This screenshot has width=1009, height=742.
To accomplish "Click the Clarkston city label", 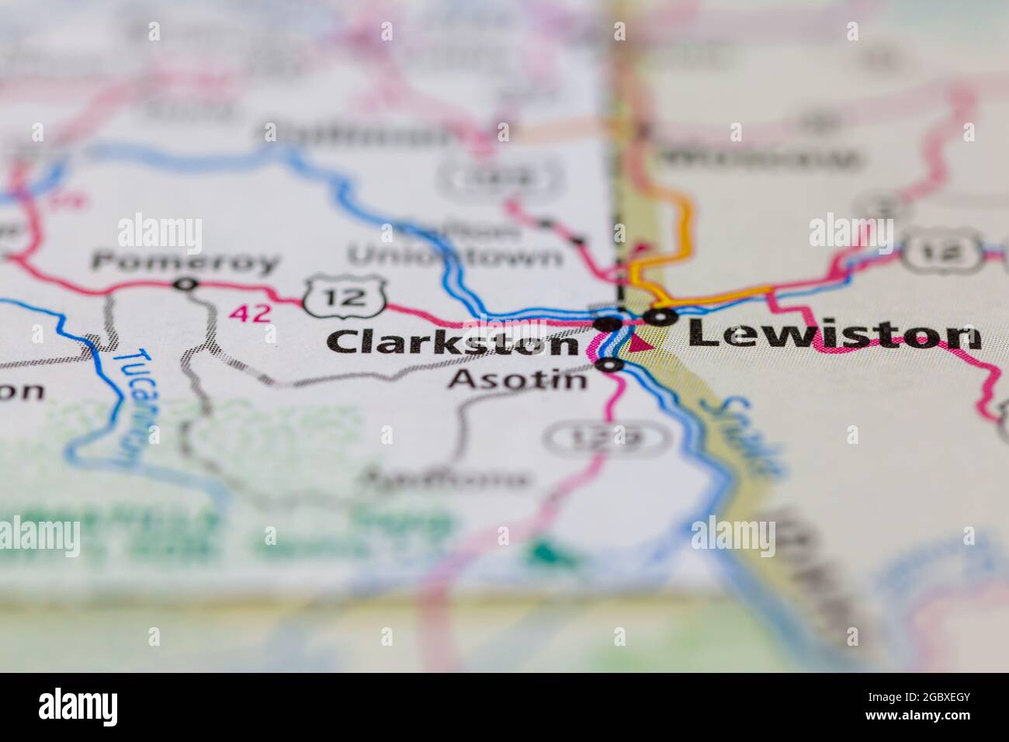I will pyautogui.click(x=452, y=342).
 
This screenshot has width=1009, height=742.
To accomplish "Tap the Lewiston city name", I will pyautogui.click(x=834, y=335).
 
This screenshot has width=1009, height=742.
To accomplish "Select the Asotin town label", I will pyautogui.click(x=518, y=380).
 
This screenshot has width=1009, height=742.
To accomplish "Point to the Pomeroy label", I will pyautogui.click(x=184, y=262).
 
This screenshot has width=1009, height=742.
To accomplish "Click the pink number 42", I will pyautogui.click(x=251, y=313).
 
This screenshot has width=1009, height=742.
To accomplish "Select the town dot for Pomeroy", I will pyautogui.click(x=185, y=285).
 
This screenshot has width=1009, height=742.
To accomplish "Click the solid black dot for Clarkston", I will pyautogui.click(x=608, y=322).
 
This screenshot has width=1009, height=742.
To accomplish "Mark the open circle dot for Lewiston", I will pyautogui.click(x=660, y=317).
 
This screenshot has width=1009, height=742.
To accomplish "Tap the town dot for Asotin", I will pyautogui.click(x=611, y=364).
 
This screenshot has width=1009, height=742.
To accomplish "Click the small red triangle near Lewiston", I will pyautogui.click(x=639, y=342).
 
